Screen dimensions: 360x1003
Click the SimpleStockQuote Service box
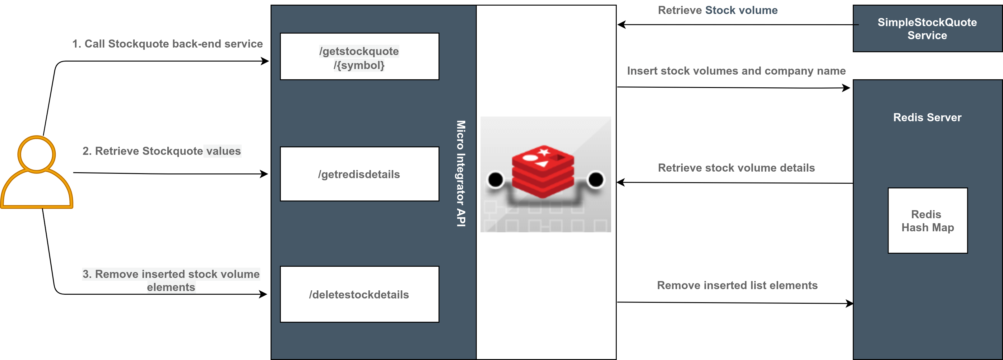point(927,28)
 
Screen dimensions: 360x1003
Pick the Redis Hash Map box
point(927,221)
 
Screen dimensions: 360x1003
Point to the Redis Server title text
point(927,117)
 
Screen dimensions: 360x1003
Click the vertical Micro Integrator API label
point(461,173)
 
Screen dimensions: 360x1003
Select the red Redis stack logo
point(543,171)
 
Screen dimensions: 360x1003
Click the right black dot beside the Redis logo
point(596,179)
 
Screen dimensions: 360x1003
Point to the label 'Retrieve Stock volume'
point(717,11)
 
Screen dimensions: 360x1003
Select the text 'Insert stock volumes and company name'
point(736,71)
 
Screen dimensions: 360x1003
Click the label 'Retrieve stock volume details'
point(736,168)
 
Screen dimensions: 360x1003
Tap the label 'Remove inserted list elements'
point(737,285)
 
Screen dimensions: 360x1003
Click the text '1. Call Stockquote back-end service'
point(167,44)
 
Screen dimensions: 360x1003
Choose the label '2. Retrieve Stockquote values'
point(162,151)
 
